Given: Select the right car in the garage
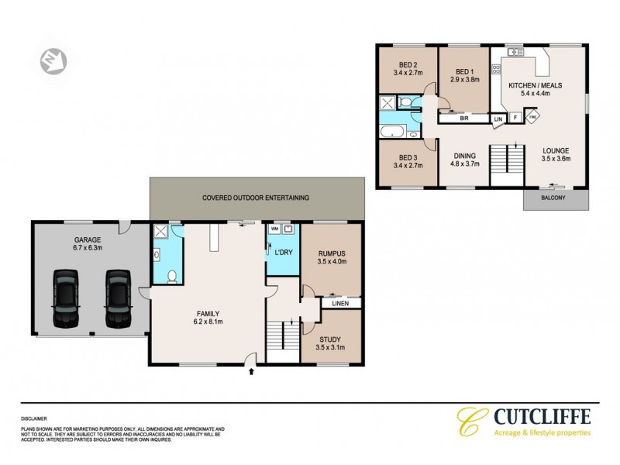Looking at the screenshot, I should [x=117, y=298].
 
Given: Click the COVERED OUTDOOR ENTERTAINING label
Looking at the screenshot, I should [x=256, y=198].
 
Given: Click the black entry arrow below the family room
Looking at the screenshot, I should [x=250, y=371].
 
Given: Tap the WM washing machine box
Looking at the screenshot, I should [x=274, y=229].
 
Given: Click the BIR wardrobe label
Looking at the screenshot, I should [x=464, y=119].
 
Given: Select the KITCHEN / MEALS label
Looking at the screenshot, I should [x=535, y=89].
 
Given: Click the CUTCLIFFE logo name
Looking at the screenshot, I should [x=542, y=415].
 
